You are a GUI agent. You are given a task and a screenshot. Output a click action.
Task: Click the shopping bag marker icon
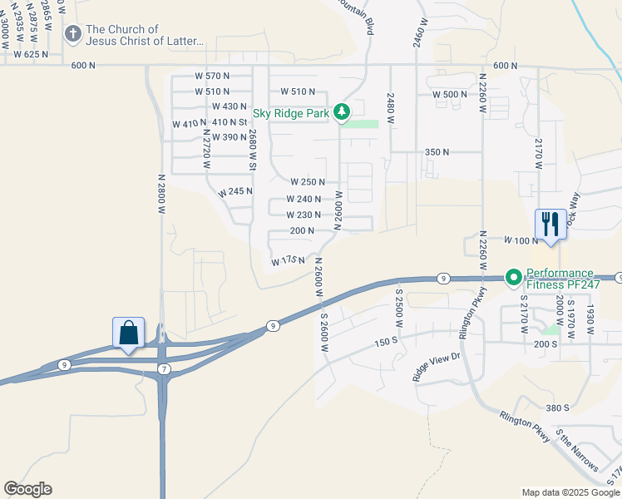pos(129,333)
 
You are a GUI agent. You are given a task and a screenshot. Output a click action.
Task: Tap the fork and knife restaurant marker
pos(550,223)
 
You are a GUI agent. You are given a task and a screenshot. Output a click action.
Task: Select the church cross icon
pos(72,34)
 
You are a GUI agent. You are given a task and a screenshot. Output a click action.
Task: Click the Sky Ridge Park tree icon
pos(342,112)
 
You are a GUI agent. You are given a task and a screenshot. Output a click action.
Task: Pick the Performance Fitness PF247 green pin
pos(514,277)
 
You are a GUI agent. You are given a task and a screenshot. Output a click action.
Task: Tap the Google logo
pos(27,489)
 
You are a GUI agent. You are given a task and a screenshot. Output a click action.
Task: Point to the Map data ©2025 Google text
pos(570,492)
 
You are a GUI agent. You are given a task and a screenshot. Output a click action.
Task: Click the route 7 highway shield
pos(165,368)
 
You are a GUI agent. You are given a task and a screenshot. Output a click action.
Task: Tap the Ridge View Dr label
pos(436,367)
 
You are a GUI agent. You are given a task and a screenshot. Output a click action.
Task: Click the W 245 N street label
pos(235,192)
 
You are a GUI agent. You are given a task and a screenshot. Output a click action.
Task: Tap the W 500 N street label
pos(450,95)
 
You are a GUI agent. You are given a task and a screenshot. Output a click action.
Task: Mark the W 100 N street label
pos(521,240)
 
